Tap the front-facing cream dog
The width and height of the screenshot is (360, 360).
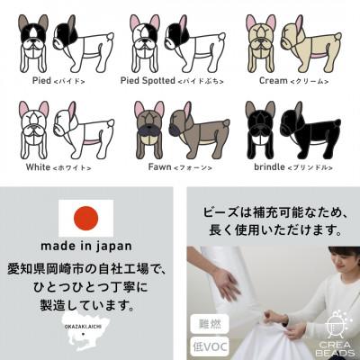click(262, 40)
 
